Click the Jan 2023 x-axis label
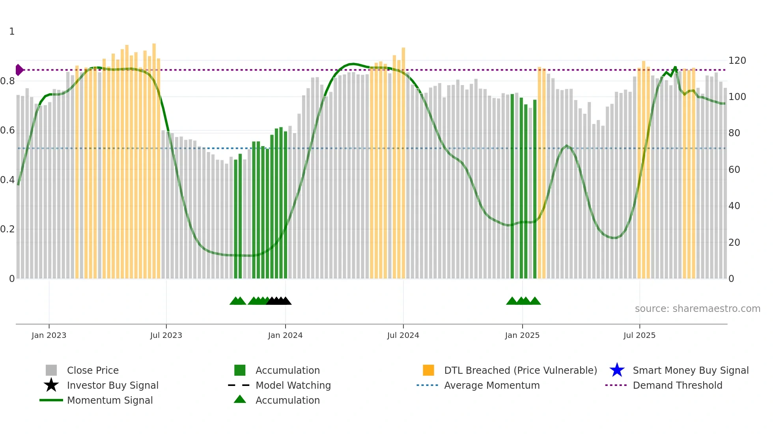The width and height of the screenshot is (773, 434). coord(49,335)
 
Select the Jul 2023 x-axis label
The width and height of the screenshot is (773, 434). coord(166,335)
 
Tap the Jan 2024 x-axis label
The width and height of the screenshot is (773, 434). coord(285,335)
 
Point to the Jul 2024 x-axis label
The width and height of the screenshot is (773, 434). coord(403,335)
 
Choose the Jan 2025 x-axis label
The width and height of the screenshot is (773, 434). coord(522,335)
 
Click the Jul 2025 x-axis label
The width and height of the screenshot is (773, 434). coord(639,335)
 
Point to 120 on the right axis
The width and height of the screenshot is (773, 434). coord(737,61)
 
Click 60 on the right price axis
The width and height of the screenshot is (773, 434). coord(734,170)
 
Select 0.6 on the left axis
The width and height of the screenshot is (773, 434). coord(7,130)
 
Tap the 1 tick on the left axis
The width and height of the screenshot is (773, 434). coord(12,32)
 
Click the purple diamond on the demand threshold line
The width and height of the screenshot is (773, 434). coord(19,70)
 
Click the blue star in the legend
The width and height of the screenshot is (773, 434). coord(617,370)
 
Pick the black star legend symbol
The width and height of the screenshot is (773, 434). coord(51,385)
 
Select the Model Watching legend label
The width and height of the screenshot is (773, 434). coord(293,385)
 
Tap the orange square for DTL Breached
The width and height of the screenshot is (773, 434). coord(428,370)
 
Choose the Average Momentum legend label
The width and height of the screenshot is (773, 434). coord(492,385)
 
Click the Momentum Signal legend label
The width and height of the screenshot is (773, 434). coord(110,400)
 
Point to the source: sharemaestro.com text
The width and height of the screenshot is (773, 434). coord(697,309)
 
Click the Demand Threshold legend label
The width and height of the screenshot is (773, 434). coord(677,385)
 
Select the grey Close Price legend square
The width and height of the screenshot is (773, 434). coord(51,370)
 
